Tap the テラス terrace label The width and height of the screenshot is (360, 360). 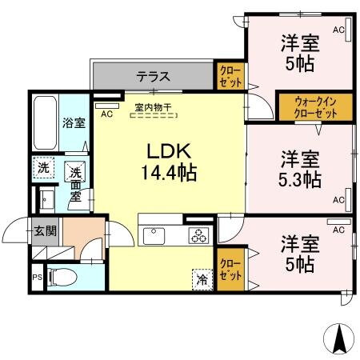tap(152, 77)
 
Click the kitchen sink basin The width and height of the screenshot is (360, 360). tap(153, 235)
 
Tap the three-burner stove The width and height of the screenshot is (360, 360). tap(197, 235)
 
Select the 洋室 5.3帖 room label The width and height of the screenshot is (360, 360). tap(300, 168)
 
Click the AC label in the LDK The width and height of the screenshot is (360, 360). tap(106, 113)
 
